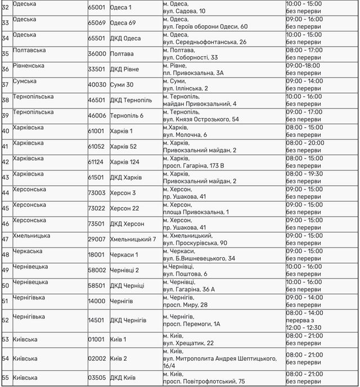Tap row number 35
point(6,54)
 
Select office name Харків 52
point(123,146)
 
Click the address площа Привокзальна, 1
point(196,212)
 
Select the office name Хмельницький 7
point(133,239)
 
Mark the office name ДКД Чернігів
point(128,319)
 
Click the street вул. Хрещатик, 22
point(188,343)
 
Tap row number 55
point(6,377)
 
